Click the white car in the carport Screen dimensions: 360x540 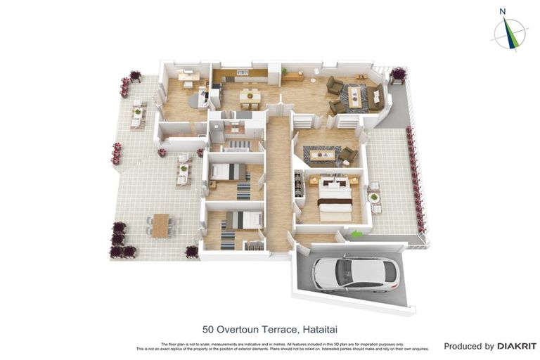356,274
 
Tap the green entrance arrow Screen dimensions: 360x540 358,235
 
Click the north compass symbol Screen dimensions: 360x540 510,33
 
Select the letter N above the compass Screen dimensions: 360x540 503,11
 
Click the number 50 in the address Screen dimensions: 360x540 209,329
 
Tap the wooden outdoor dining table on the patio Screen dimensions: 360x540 161,225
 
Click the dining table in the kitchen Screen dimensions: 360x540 250,96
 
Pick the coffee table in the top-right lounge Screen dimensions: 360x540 354,98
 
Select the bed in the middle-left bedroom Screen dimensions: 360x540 229,172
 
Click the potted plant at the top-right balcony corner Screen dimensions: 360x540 399,73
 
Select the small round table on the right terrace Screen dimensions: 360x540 375,198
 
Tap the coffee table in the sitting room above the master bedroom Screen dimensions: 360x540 324,154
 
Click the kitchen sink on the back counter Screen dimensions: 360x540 243,72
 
